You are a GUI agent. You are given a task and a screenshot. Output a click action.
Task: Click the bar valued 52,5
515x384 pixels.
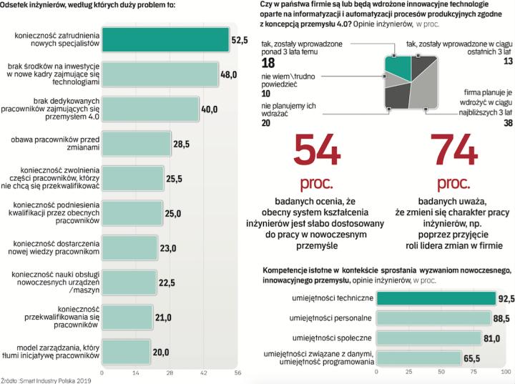point(165,40)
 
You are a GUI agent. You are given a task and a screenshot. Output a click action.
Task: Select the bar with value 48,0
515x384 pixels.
point(160,74)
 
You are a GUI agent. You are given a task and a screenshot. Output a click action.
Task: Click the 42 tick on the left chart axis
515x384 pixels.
point(203,373)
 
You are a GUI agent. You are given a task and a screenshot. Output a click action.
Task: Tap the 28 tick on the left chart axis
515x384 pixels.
point(170,373)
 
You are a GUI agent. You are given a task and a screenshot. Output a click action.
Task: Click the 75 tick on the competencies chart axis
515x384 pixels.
point(474,373)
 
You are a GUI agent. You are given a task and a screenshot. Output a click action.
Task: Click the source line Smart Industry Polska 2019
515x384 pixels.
point(46,380)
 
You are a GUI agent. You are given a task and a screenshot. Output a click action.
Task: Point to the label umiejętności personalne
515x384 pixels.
point(337,317)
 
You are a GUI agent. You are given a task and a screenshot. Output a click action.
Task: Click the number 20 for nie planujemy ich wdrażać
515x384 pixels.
point(267,123)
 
